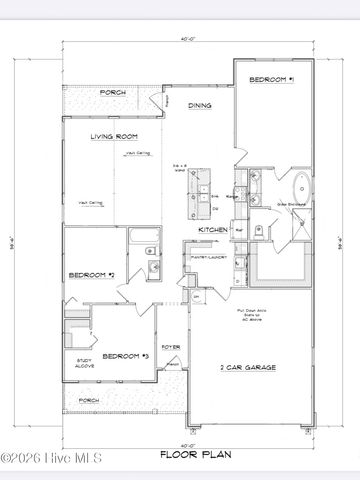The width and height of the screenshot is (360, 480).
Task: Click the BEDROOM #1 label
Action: tap(272, 79)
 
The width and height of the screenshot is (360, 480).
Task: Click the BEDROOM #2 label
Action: tap(91, 274)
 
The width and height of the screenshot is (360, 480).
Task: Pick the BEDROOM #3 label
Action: tap(127, 355)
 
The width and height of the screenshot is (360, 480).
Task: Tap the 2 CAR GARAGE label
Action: tap(248, 367)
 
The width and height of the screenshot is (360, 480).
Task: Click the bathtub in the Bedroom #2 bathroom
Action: tap(142, 239)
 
